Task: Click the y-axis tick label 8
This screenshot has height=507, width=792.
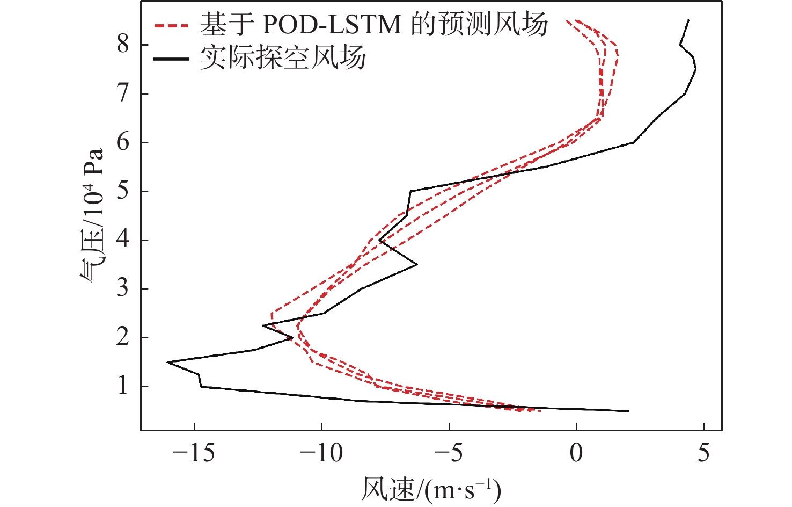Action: (123, 44)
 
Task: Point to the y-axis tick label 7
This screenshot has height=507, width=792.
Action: (123, 93)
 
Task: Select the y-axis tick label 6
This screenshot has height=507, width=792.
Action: (123, 142)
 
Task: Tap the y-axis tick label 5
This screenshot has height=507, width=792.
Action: (123, 191)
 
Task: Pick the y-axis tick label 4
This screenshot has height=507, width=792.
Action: (123, 240)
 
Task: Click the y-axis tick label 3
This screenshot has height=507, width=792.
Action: (123, 288)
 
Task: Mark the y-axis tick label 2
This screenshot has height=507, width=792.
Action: (123, 337)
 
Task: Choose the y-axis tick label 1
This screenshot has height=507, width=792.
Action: (123, 386)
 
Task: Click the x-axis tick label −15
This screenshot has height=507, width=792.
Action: (194, 453)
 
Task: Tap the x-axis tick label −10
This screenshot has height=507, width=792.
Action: (321, 453)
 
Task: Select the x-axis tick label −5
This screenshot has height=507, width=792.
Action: (449, 453)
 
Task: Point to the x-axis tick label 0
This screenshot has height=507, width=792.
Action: (576, 453)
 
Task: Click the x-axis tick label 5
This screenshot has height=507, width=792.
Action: (703, 453)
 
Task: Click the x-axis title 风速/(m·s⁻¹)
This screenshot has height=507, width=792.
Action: (431, 489)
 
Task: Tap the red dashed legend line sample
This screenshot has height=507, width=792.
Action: (171, 25)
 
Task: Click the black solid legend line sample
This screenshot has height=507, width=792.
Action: (171, 58)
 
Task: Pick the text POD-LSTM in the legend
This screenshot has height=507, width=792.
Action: (332, 25)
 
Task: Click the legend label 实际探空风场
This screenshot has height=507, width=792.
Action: (283, 57)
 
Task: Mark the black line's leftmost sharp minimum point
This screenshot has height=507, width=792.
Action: (168, 363)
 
